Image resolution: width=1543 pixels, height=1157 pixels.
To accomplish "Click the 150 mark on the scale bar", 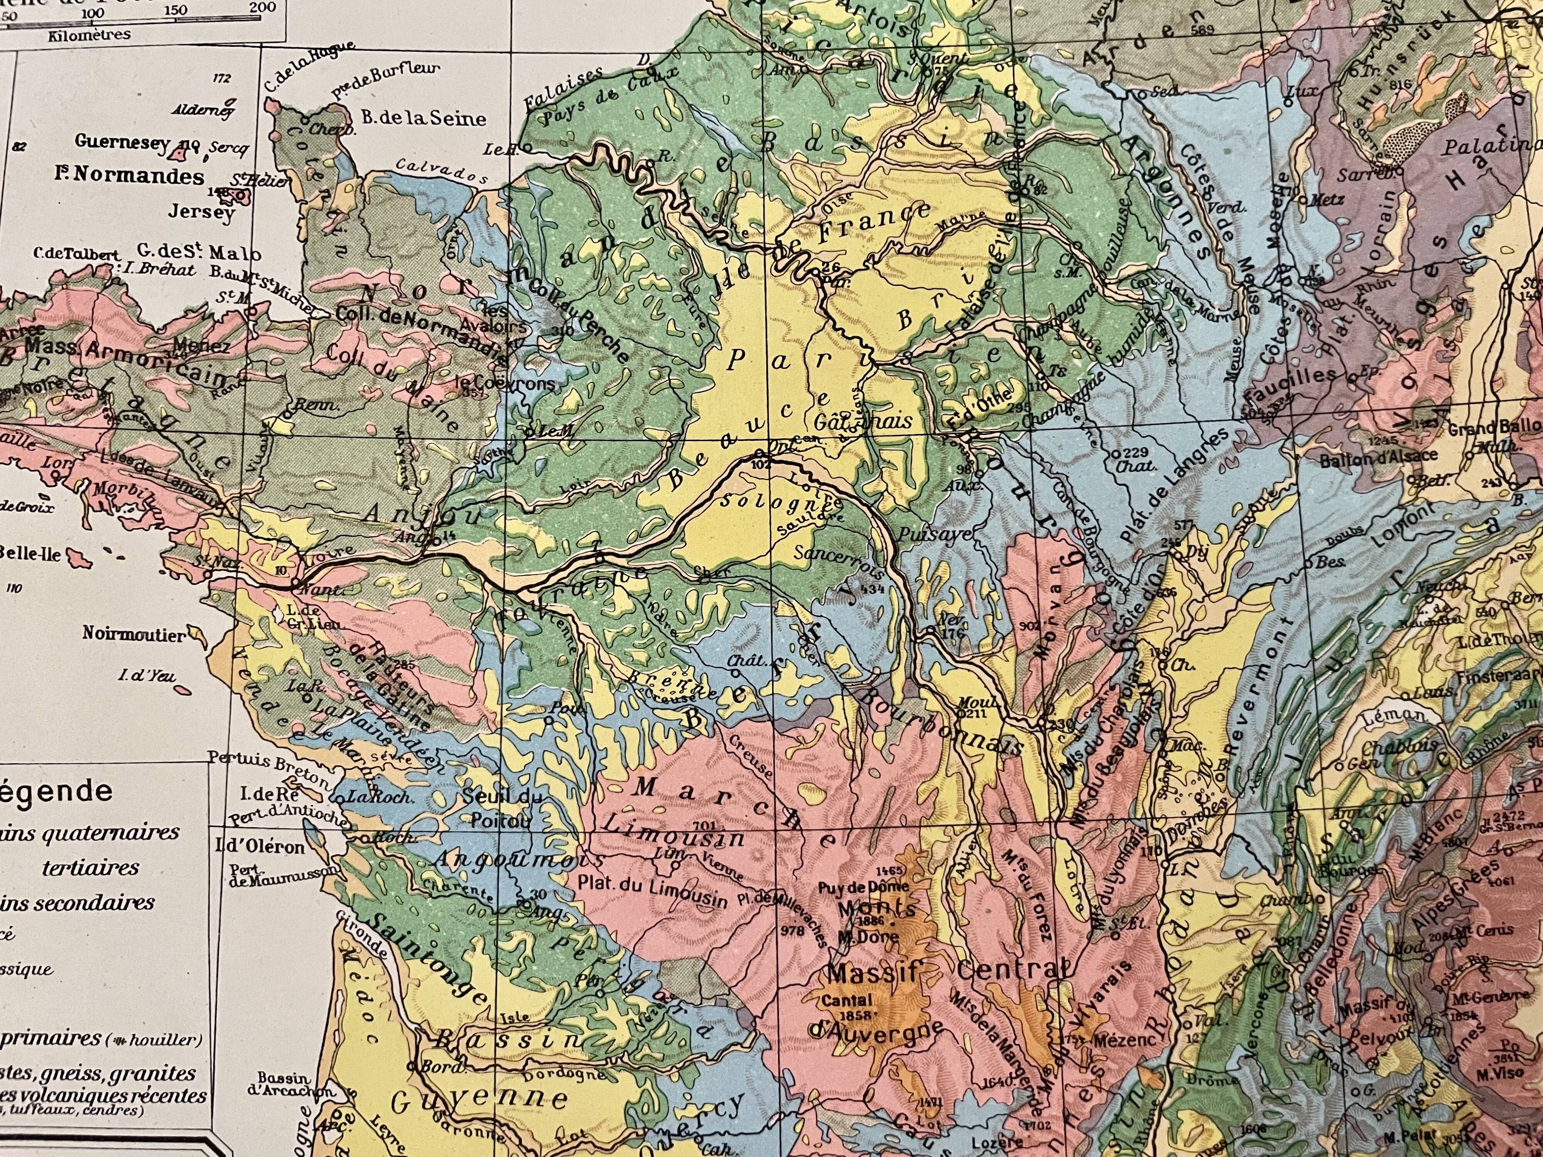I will tap(177, 10).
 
